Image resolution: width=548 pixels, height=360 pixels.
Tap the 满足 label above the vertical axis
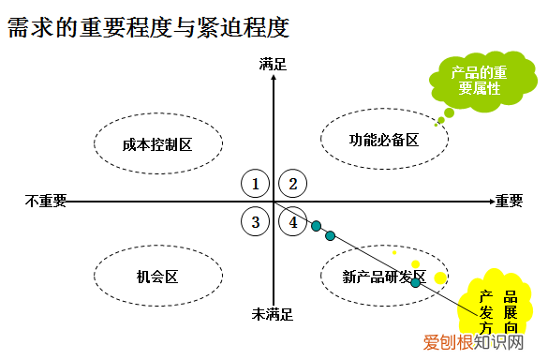(274, 64)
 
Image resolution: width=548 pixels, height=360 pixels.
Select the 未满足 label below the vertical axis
(273, 314)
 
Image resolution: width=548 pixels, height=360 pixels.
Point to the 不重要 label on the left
(46, 201)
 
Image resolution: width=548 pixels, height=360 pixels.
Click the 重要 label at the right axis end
(509, 201)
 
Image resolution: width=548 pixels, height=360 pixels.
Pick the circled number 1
(255, 184)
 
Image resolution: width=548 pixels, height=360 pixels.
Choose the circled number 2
(293, 184)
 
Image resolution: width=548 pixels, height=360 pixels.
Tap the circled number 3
(255, 221)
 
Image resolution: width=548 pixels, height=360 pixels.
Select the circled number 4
(293, 221)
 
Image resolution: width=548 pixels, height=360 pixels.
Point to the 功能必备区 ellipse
(384, 139)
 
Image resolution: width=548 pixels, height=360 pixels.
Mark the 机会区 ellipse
(157, 277)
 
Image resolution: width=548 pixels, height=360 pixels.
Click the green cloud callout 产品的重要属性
(477, 81)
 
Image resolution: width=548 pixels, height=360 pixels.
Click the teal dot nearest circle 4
(317, 225)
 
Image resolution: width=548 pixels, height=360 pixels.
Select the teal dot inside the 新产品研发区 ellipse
(416, 282)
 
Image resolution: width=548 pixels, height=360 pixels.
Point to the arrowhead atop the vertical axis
(274, 79)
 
